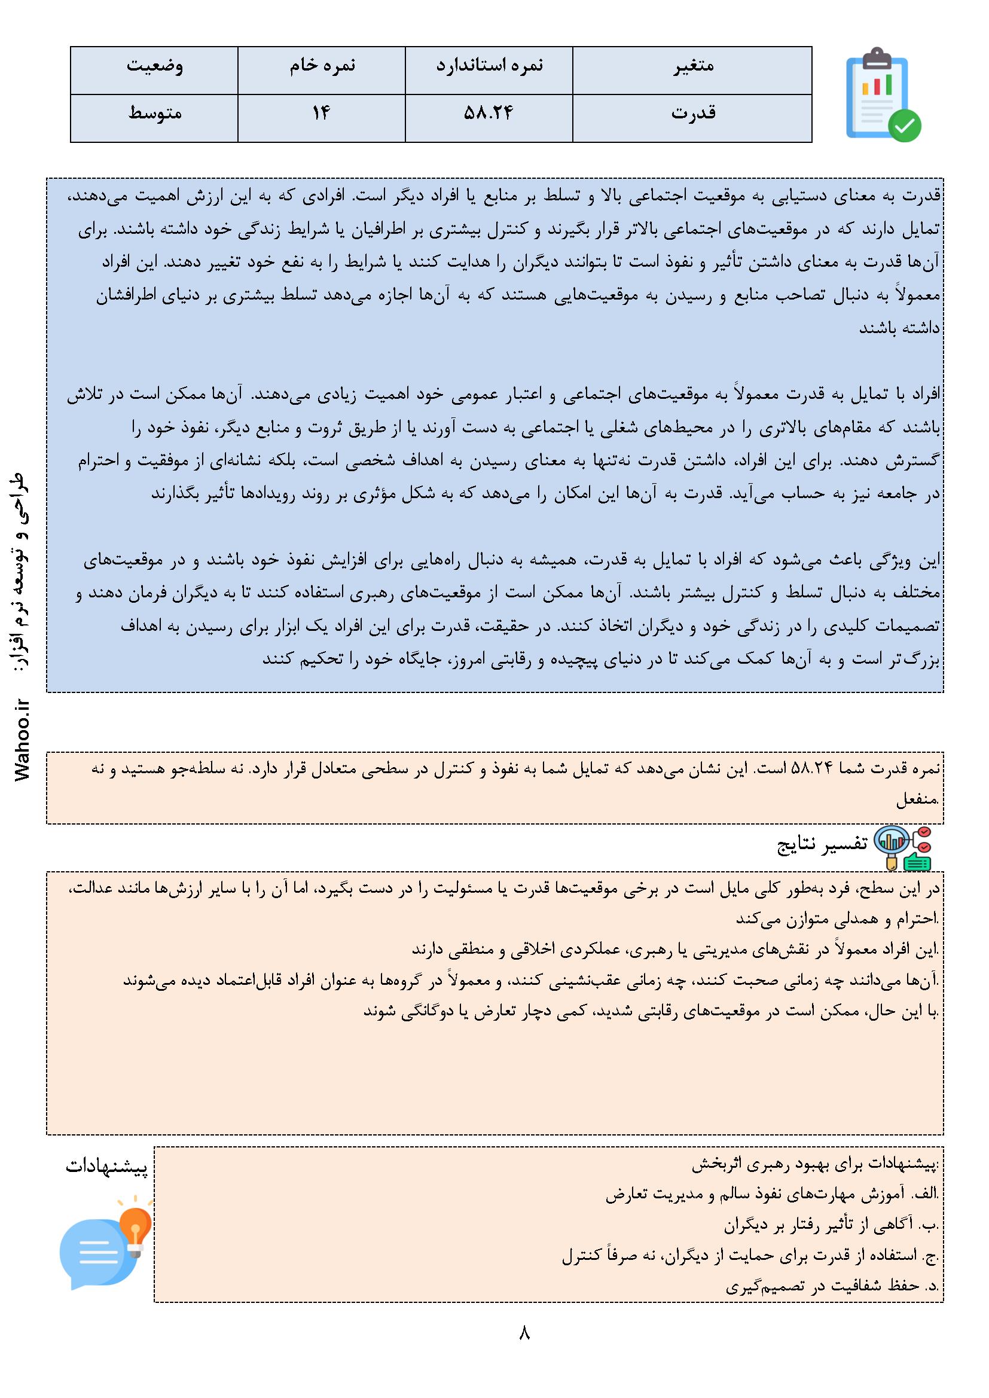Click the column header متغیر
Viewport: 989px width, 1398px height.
coord(692,66)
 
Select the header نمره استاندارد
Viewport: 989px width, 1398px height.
coord(489,66)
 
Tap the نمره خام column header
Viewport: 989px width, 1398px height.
coord(322,66)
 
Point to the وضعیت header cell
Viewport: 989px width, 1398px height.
coord(154,66)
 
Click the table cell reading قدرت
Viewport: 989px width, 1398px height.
coord(692,113)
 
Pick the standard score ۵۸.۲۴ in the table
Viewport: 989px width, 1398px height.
coord(489,113)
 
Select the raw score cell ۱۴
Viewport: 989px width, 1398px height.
coord(322,113)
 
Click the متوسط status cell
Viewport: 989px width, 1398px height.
coord(154,113)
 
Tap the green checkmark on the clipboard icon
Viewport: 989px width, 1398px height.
coord(904,126)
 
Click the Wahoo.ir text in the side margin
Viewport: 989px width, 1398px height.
coord(25,740)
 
